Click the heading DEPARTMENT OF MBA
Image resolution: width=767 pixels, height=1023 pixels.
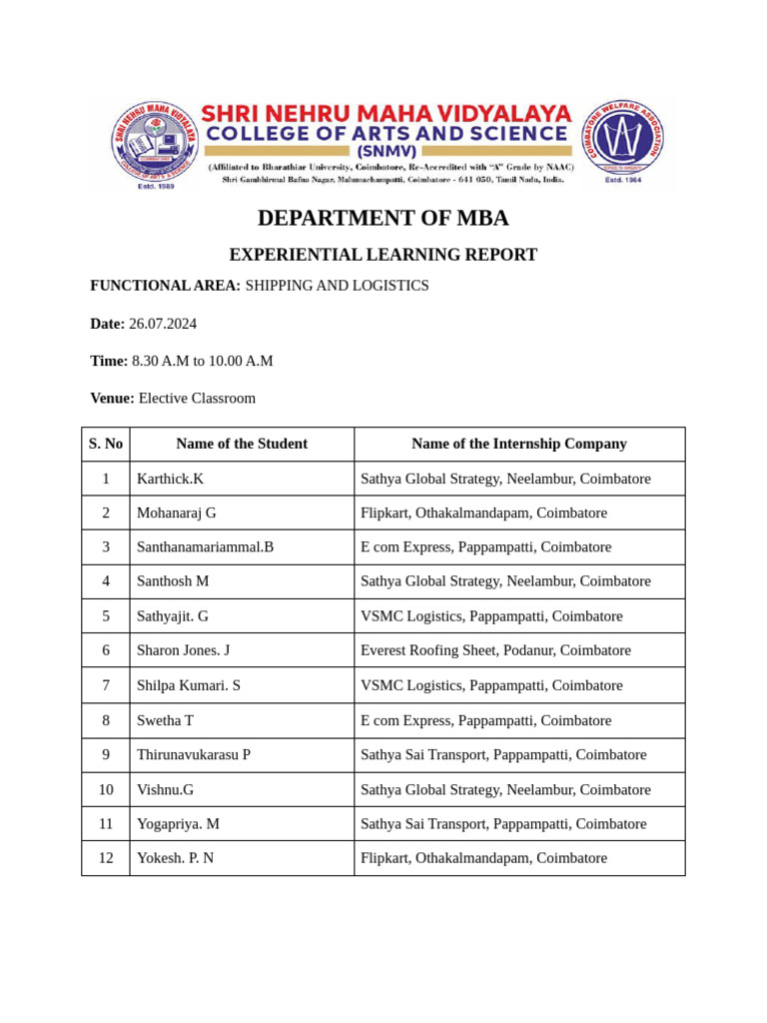pos(383,218)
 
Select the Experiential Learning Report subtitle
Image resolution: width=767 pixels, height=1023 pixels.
pos(383,255)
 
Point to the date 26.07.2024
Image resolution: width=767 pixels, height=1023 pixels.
pos(163,324)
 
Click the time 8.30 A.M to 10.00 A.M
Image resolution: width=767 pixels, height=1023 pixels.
pos(203,361)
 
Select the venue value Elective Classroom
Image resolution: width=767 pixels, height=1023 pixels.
pos(197,398)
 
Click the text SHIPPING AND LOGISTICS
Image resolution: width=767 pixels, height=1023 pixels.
pos(337,286)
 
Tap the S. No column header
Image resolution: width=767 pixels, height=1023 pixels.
pos(106,444)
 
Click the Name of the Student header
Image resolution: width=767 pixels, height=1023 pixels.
pos(242,444)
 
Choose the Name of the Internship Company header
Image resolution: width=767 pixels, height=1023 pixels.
pos(518,444)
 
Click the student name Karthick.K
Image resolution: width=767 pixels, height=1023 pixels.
pos(170,479)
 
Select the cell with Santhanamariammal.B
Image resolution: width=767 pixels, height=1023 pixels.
pos(205,546)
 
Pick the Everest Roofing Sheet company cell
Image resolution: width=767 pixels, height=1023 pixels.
pos(495,650)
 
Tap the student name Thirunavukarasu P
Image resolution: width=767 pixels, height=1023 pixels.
pos(194,754)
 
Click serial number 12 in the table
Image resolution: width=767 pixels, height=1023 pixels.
pos(106,857)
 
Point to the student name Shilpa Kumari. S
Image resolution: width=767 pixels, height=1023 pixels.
pos(189,685)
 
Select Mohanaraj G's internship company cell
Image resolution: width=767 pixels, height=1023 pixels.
pos(483,512)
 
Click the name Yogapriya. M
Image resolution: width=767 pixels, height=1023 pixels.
pos(178,823)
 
